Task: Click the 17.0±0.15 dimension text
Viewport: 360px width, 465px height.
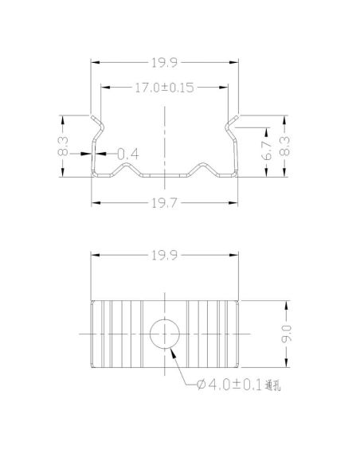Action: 165,88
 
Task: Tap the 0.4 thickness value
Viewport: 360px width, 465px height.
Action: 128,154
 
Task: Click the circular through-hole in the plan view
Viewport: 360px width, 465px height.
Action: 165,333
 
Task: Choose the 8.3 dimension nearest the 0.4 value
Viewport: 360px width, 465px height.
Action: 63,147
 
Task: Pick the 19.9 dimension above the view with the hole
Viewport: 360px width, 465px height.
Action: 165,256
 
